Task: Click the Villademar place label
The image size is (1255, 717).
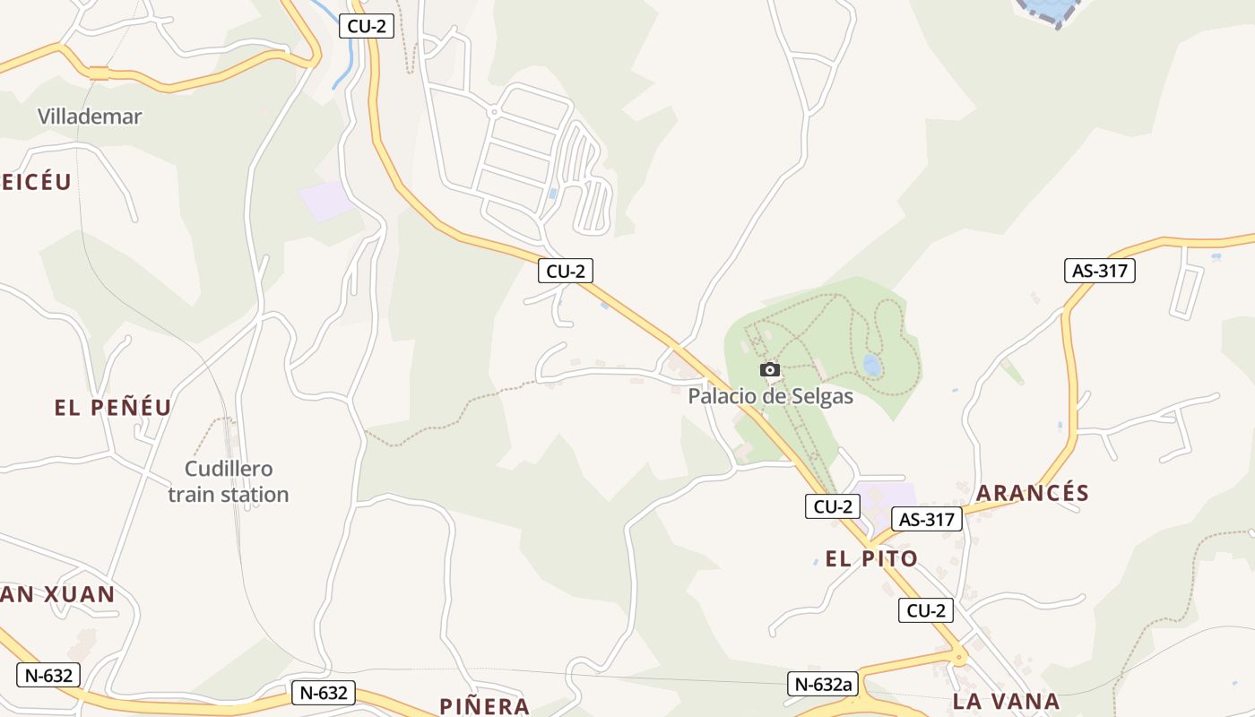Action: click(x=90, y=116)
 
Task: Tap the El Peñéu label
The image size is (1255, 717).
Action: click(x=113, y=408)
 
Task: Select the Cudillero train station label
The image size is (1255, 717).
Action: click(x=229, y=481)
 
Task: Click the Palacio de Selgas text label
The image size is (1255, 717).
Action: click(x=771, y=395)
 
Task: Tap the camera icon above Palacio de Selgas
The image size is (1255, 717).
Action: click(x=769, y=370)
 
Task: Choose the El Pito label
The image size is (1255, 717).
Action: click(x=871, y=559)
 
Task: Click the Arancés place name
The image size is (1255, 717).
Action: click(x=1033, y=493)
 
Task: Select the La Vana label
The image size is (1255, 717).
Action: click(x=1007, y=701)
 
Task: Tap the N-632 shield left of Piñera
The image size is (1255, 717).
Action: click(x=323, y=693)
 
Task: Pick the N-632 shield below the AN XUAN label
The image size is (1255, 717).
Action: click(x=48, y=675)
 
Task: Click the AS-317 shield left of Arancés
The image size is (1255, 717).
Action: click(x=926, y=519)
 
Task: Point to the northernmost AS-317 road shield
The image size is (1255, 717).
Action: click(x=1100, y=270)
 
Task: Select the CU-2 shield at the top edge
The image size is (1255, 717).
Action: click(x=367, y=26)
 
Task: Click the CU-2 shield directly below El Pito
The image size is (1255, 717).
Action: click(x=926, y=611)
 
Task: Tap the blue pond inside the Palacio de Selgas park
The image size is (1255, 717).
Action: click(x=871, y=365)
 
